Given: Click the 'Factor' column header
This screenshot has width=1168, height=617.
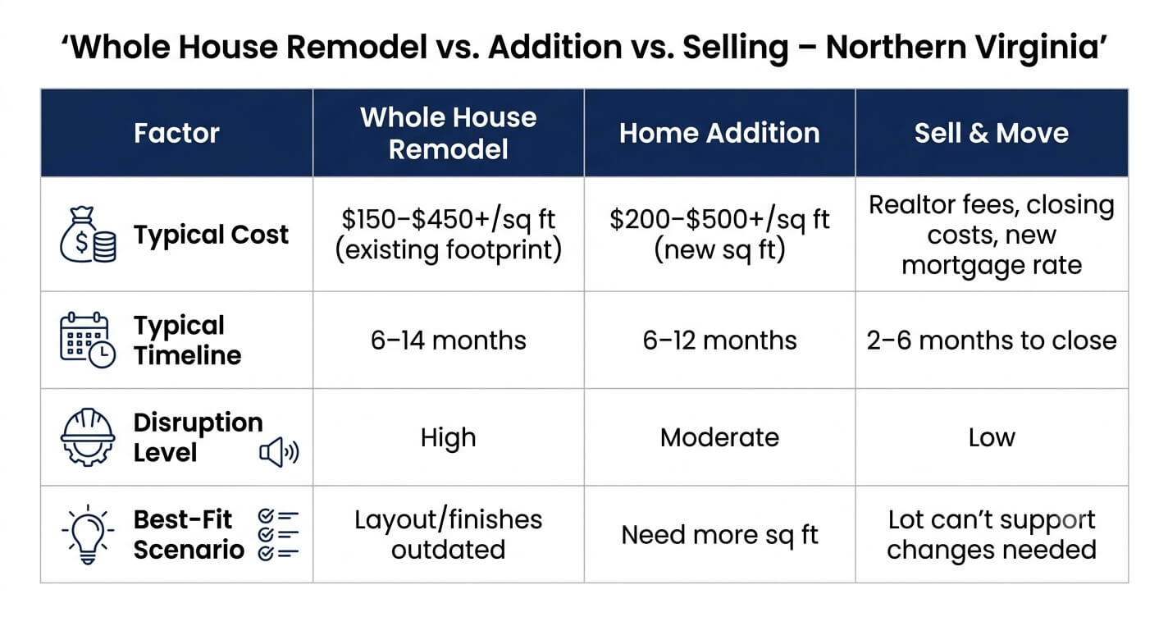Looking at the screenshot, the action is (x=176, y=133).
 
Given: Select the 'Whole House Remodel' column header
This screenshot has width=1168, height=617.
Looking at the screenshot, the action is (x=448, y=133).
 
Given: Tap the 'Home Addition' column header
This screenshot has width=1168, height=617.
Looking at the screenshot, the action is (x=719, y=133).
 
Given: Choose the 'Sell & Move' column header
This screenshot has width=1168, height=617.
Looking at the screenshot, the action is (x=991, y=133).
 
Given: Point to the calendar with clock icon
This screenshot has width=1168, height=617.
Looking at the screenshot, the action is (x=88, y=340).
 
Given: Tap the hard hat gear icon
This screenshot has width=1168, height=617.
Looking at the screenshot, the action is (x=88, y=437).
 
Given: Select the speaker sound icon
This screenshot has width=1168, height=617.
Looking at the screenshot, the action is (x=279, y=451).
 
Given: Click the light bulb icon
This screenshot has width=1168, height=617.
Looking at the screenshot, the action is (x=88, y=535).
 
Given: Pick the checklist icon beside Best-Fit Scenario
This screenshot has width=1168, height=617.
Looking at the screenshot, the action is (x=278, y=535).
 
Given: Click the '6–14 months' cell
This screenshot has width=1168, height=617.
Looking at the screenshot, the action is (x=449, y=340).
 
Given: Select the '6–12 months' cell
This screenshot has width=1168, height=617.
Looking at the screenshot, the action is (x=719, y=340).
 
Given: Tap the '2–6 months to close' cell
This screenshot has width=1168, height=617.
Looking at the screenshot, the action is (x=992, y=340).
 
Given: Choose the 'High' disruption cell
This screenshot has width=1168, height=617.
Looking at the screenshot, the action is (x=449, y=437).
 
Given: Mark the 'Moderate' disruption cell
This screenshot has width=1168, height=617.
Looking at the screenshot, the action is (x=719, y=437).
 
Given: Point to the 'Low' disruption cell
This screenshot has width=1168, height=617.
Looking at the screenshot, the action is (x=992, y=437).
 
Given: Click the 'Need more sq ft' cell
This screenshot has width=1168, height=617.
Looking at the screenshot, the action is (x=719, y=535).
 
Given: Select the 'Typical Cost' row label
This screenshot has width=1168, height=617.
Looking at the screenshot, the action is (x=211, y=235).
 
